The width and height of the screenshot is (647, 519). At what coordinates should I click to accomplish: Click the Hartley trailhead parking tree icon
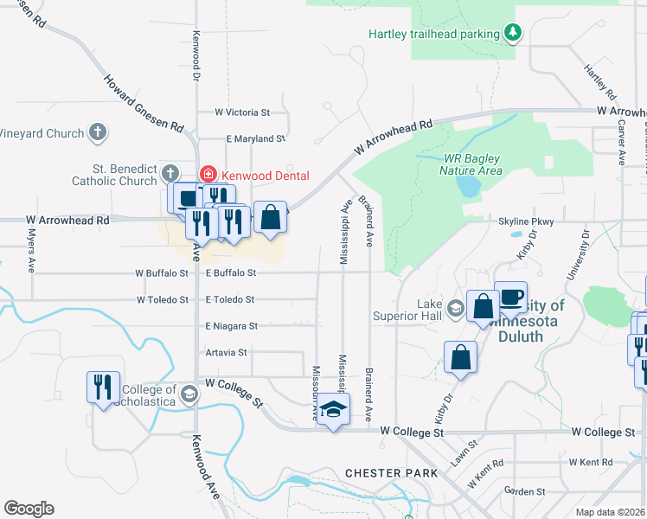pos(513,33)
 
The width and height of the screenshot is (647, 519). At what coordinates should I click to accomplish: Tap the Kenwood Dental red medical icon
pos(207,175)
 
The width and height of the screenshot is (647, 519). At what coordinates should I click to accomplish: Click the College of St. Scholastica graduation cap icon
pos(188,395)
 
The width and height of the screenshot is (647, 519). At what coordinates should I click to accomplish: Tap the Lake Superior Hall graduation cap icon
pos(455,307)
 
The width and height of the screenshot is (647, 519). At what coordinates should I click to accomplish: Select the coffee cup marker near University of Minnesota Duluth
pos(510,297)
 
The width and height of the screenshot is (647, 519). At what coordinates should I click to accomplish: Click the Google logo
pos(29,509)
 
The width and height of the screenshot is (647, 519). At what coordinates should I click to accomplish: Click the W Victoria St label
pos(242,112)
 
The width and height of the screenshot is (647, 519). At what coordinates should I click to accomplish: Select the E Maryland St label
pos(255,138)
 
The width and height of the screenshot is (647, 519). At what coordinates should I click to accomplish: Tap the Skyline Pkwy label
pos(526,221)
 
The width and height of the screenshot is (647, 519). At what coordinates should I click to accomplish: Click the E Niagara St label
pos(231,326)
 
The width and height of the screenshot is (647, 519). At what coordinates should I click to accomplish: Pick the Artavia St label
pos(227,352)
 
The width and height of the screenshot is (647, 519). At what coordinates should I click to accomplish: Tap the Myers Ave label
pos(31,251)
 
